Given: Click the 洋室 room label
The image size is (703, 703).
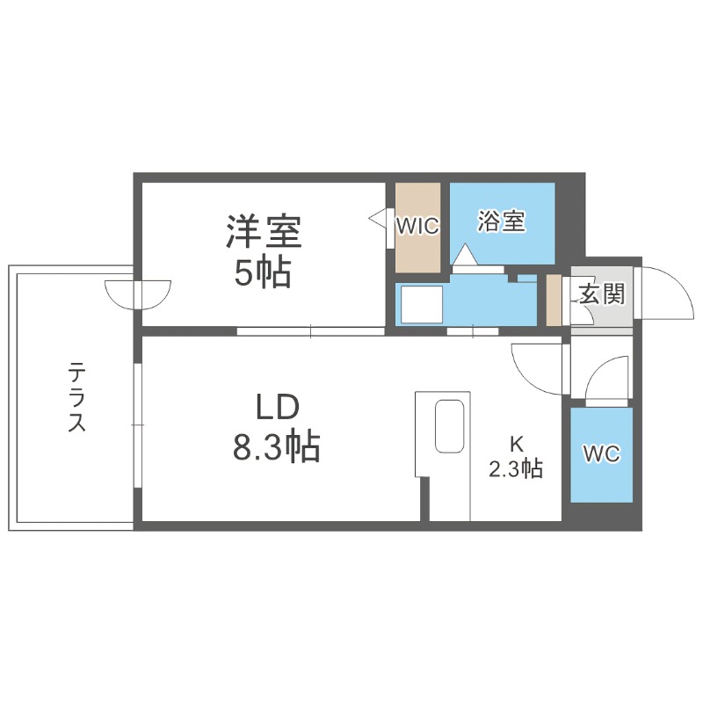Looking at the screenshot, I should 264,232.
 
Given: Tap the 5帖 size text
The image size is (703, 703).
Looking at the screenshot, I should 262,274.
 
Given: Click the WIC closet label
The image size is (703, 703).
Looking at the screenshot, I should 417,226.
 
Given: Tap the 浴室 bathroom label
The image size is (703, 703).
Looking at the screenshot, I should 501,221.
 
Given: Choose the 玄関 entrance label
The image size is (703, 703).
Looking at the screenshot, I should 601,294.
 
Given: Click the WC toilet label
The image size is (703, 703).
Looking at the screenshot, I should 602,453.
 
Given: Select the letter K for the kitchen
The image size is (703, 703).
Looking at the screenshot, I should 516,444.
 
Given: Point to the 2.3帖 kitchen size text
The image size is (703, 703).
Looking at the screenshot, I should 516,469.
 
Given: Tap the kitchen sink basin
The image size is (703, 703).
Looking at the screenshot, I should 450,427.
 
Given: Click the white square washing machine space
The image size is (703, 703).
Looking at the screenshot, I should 419,304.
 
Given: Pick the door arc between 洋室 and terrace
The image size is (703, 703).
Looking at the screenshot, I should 138,294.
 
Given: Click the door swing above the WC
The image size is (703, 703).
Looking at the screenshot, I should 607,377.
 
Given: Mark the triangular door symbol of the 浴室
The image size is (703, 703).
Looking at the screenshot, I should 463,255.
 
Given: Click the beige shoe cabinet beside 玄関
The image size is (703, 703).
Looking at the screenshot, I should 554,300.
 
